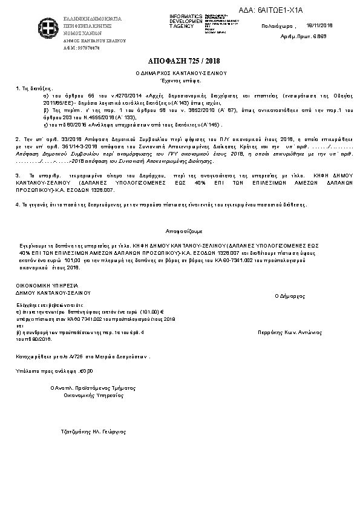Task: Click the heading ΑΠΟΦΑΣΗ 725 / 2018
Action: coord(180,62)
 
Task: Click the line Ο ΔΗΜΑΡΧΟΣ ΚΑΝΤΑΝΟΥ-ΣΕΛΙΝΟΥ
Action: coord(180,73)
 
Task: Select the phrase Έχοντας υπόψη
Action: coord(180,80)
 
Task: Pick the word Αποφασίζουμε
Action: coord(180,231)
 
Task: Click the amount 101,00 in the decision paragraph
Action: coord(71,259)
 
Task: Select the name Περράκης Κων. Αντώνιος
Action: coord(289,332)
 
